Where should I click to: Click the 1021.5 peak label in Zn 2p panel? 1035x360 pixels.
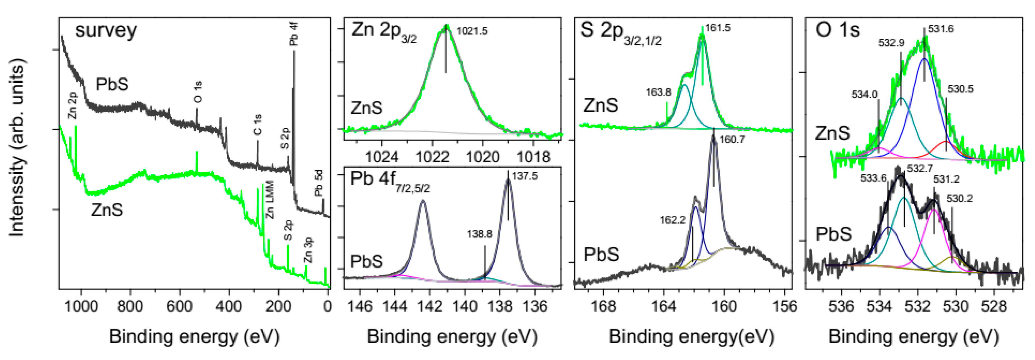472,31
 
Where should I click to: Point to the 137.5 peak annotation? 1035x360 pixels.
525,176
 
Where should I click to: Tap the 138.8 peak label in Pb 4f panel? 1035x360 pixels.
479,234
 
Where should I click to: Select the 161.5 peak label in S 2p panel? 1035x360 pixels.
718,28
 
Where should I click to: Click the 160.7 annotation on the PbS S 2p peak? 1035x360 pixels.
732,139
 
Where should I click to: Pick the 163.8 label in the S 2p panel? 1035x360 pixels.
659,92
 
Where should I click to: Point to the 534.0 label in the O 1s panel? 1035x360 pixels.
865,94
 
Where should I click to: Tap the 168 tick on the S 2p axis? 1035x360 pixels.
604,306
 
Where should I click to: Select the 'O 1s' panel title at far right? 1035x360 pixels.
837,30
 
